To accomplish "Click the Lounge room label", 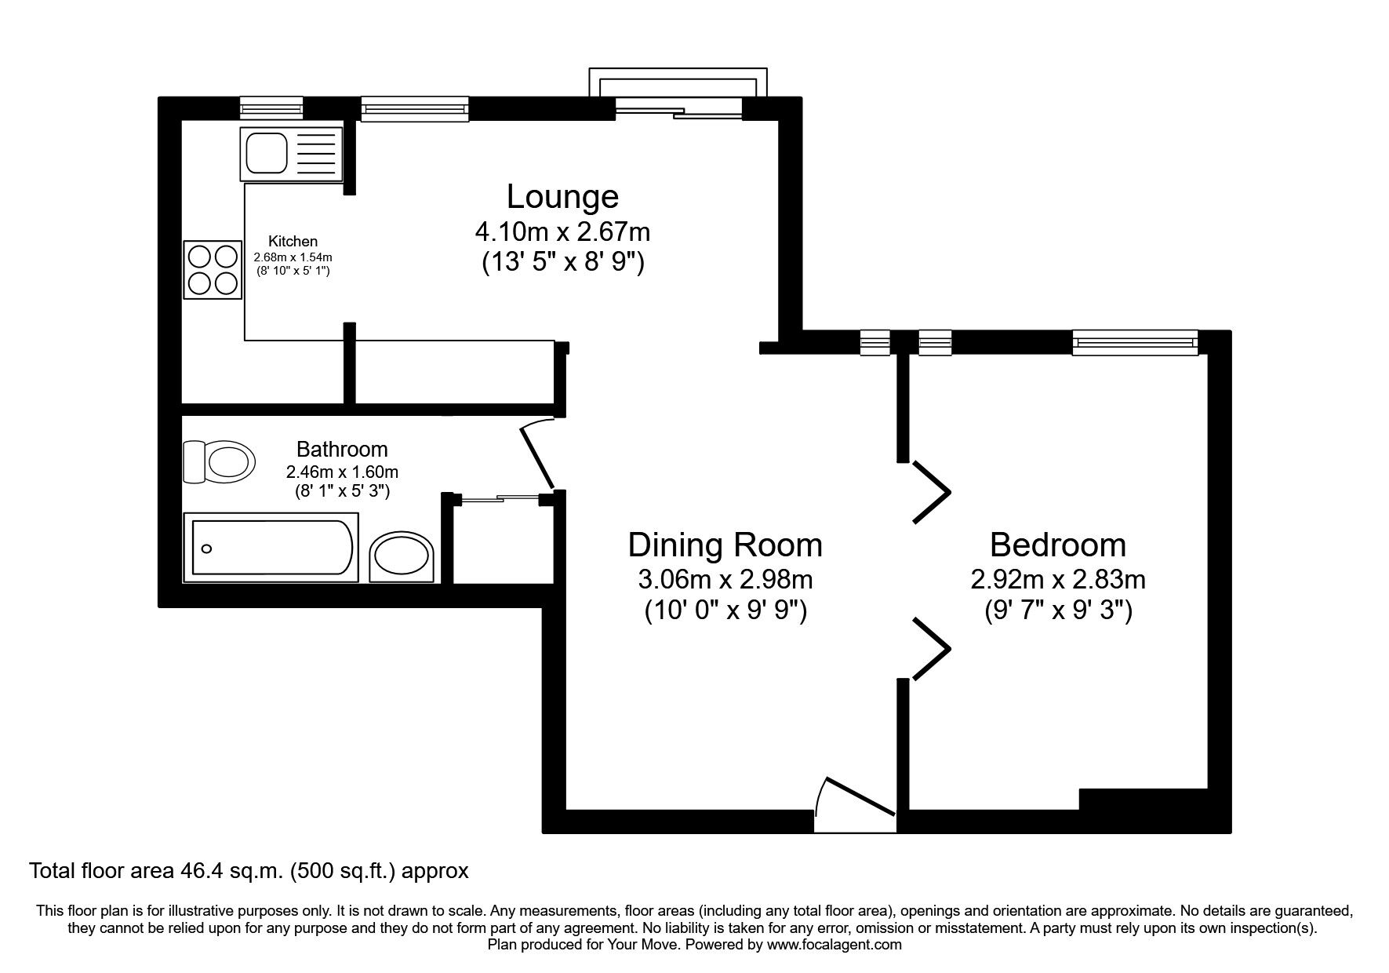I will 562,196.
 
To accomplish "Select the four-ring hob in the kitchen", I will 212,270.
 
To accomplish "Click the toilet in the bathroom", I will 219,461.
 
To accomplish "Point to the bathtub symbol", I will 271,548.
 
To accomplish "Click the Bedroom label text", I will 1057,545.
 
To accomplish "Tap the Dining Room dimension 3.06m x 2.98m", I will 725,580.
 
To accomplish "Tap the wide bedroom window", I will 1135,342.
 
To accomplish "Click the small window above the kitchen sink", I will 271,108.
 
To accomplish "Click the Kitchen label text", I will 293,242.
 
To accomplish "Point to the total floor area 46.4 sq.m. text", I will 249,870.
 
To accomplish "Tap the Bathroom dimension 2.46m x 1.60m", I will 342,472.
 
